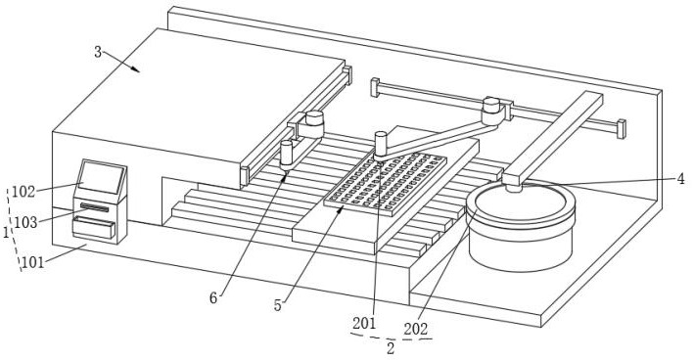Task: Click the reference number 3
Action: coord(98,52)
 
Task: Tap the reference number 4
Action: coord(680,178)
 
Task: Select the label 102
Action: coord(23,192)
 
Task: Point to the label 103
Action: coord(25,222)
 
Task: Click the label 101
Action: coord(33,263)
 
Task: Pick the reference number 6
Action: coord(213,298)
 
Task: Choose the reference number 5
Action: coord(278,305)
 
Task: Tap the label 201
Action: coord(364,324)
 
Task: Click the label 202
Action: coord(416,329)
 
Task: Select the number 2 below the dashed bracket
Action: coord(391,348)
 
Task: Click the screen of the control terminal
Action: coord(102,177)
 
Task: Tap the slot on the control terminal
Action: coord(94,206)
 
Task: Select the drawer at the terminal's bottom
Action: coord(94,228)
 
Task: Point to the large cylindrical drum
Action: coord(521,227)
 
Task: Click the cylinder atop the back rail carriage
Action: coord(490,105)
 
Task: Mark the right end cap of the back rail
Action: coord(622,129)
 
